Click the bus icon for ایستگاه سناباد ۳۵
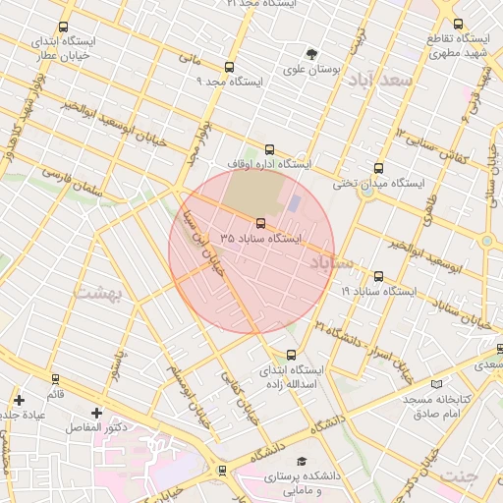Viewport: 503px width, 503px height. pos(260,223)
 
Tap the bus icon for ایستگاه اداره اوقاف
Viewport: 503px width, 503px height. pos(270,150)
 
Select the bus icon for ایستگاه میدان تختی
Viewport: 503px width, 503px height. pos(379,168)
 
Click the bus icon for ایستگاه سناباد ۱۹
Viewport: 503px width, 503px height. pos(379,277)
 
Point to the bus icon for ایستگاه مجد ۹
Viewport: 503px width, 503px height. pos(229,68)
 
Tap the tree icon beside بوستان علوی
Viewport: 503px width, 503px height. pos(311,54)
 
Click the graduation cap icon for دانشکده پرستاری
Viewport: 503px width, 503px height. pos(303,461)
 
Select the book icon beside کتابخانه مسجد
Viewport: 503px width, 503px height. pos(436,384)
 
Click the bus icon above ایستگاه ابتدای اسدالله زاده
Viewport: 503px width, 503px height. pos(291,355)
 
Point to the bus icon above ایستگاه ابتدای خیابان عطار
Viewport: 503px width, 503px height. pos(64,28)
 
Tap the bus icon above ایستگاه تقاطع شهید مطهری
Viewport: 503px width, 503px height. pos(458,24)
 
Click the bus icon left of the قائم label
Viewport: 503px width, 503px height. pos(55,379)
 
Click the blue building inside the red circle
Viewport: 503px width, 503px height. pos(294,202)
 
